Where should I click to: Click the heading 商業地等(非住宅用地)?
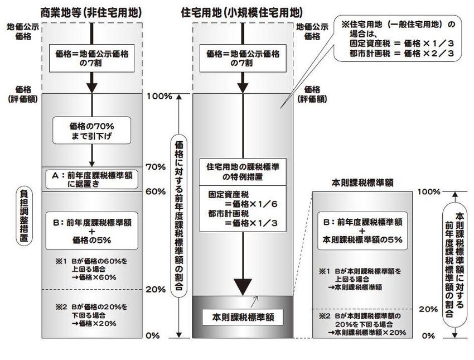click(x=91, y=11)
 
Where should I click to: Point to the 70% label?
click(x=156, y=167)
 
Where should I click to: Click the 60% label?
click(x=156, y=191)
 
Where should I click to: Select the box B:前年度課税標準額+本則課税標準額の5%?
click(x=362, y=230)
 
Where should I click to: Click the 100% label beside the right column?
click(x=429, y=191)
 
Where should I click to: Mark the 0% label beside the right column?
click(x=429, y=335)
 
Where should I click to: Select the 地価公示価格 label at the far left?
click(x=19, y=31)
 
